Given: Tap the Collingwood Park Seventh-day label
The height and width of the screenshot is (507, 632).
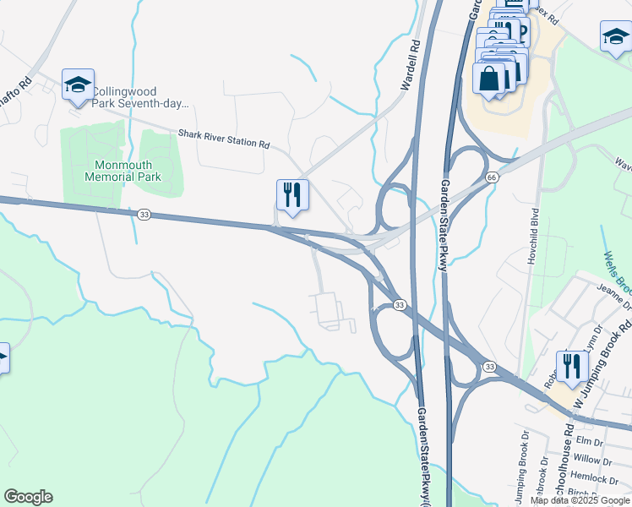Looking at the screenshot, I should pyautogui.click(x=139, y=98).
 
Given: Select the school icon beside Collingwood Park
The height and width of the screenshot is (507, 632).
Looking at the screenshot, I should pyautogui.click(x=78, y=85).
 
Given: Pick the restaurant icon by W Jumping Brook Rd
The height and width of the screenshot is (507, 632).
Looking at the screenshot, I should pyautogui.click(x=572, y=367).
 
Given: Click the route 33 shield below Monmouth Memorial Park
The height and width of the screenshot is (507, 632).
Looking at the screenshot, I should pyautogui.click(x=144, y=215).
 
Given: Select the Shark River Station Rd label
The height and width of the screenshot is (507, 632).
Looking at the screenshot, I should pyautogui.click(x=223, y=139).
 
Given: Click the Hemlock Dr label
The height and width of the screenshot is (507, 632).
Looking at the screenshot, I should pyautogui.click(x=601, y=478).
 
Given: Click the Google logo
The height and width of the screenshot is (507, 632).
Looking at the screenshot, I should pyautogui.click(x=28, y=497).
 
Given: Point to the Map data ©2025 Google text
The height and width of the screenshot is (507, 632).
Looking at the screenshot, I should pyautogui.click(x=580, y=500).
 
